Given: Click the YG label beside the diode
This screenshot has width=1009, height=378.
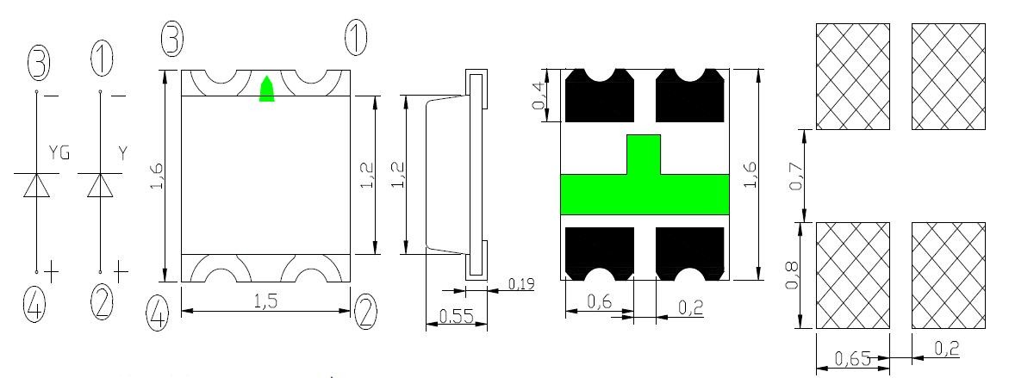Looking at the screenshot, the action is pos(59,153).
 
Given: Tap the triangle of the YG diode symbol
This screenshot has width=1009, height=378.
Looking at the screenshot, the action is pos(37,185).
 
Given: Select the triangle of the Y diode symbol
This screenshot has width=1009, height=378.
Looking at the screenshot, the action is pos(100,185).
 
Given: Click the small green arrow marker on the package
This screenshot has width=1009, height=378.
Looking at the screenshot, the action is pos(266,89).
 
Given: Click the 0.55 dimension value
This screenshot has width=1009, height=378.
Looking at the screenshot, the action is pos(456,316).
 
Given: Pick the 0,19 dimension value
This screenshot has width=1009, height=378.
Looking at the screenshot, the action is pos(520,283).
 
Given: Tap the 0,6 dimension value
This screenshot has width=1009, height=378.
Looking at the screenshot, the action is pos(599,301).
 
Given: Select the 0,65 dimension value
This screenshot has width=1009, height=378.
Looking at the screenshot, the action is pos(853,358).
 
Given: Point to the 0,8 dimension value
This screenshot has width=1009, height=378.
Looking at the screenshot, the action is pos(794,275).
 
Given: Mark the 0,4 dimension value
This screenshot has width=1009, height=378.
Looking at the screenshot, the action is pos(539,95).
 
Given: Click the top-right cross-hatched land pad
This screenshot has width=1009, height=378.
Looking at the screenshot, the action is pos(949,77).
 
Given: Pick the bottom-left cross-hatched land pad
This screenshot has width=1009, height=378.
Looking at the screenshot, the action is pos(853,276).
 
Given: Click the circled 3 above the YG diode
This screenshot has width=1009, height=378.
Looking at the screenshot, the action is pos(37,62).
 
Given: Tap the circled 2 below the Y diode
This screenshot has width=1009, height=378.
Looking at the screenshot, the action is pos(101,303).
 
